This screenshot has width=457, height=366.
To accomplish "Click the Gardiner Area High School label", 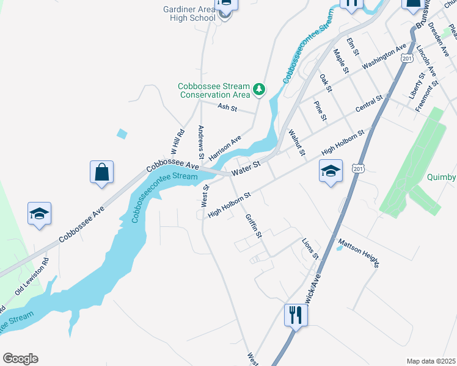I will (x=189, y=13).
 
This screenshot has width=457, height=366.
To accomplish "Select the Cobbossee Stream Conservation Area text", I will (x=214, y=90).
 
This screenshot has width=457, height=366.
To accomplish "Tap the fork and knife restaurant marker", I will (x=296, y=315).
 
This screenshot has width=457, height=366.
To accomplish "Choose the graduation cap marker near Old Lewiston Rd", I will (x=40, y=213).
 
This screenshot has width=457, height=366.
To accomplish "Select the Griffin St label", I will (x=253, y=226).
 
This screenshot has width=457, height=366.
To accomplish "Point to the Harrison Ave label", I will (x=225, y=148).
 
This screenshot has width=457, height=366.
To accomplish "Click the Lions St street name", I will (x=310, y=248).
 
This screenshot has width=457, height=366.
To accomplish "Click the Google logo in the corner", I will (x=20, y=359).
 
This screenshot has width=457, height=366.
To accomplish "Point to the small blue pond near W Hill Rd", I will (x=122, y=134).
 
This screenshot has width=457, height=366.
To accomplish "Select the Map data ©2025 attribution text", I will (x=431, y=361).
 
